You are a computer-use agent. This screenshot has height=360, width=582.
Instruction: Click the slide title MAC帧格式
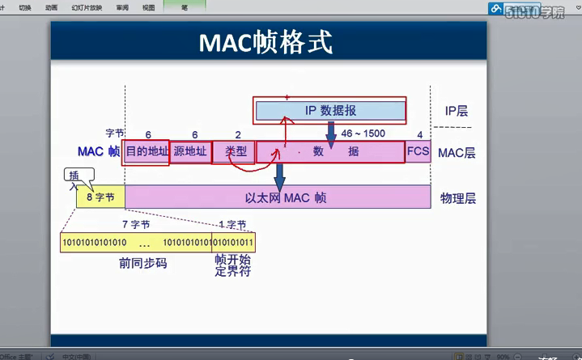(266, 42)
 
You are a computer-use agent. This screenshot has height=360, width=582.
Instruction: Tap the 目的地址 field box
(146, 151)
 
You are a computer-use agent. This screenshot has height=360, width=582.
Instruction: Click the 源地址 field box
(190, 151)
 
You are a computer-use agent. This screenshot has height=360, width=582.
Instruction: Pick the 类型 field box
(235, 151)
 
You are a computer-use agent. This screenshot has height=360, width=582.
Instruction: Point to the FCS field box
(418, 151)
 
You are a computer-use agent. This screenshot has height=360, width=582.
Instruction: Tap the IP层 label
(457, 112)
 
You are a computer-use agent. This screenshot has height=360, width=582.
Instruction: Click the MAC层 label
(457, 152)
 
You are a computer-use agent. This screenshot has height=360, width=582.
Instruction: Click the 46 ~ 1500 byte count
(363, 133)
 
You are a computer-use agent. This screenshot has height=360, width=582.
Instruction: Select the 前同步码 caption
(142, 263)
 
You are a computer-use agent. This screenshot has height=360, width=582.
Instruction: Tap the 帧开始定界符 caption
(232, 266)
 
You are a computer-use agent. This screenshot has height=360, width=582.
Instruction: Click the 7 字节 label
(135, 224)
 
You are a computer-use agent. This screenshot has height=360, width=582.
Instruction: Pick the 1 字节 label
(232, 224)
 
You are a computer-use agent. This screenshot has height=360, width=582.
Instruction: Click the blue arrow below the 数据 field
(280, 176)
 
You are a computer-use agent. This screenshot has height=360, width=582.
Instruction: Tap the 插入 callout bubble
(79, 176)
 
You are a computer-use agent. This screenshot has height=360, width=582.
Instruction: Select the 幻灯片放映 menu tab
(87, 7)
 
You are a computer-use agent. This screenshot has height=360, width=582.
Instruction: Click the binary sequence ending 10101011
(233, 242)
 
